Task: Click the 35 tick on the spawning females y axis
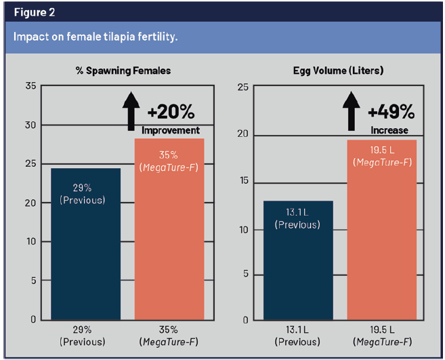(x=30, y=86)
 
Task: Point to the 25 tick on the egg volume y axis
(x=244, y=87)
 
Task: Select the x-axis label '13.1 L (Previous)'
(x=297, y=336)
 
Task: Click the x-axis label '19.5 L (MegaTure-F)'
(x=381, y=336)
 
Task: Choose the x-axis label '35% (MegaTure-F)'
(x=169, y=336)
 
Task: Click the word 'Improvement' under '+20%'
(x=171, y=130)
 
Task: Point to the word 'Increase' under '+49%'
(x=389, y=129)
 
